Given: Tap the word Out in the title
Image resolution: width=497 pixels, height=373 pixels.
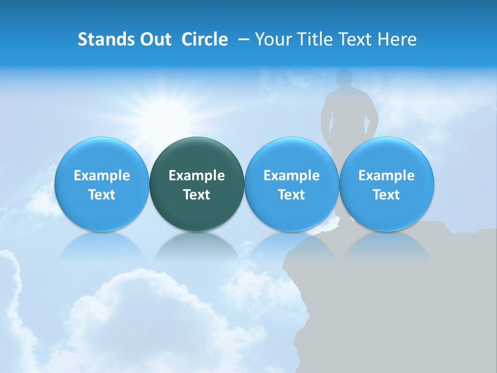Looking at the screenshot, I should (154, 39).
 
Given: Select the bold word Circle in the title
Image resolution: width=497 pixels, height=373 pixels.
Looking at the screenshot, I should (204, 39).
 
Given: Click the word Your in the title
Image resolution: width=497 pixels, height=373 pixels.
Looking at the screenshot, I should (272, 39).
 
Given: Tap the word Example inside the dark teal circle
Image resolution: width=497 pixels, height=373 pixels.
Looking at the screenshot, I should (197, 176).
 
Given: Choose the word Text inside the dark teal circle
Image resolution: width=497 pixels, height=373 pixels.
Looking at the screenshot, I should (197, 195).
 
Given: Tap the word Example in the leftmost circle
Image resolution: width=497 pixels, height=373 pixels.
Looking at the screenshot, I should (101, 176).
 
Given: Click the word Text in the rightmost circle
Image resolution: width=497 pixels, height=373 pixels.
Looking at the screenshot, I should (387, 195).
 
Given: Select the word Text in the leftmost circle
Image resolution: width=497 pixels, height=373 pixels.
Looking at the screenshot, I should (101, 195).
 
